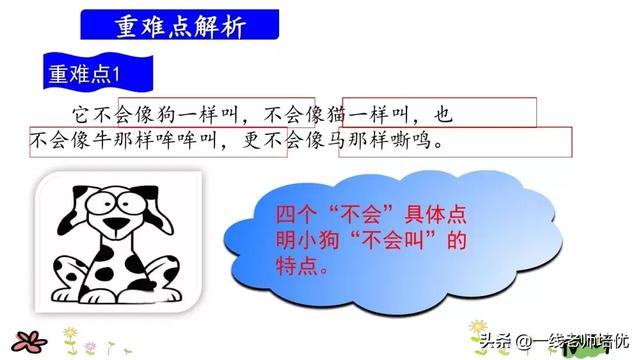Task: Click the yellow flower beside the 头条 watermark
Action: pos(477,329)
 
